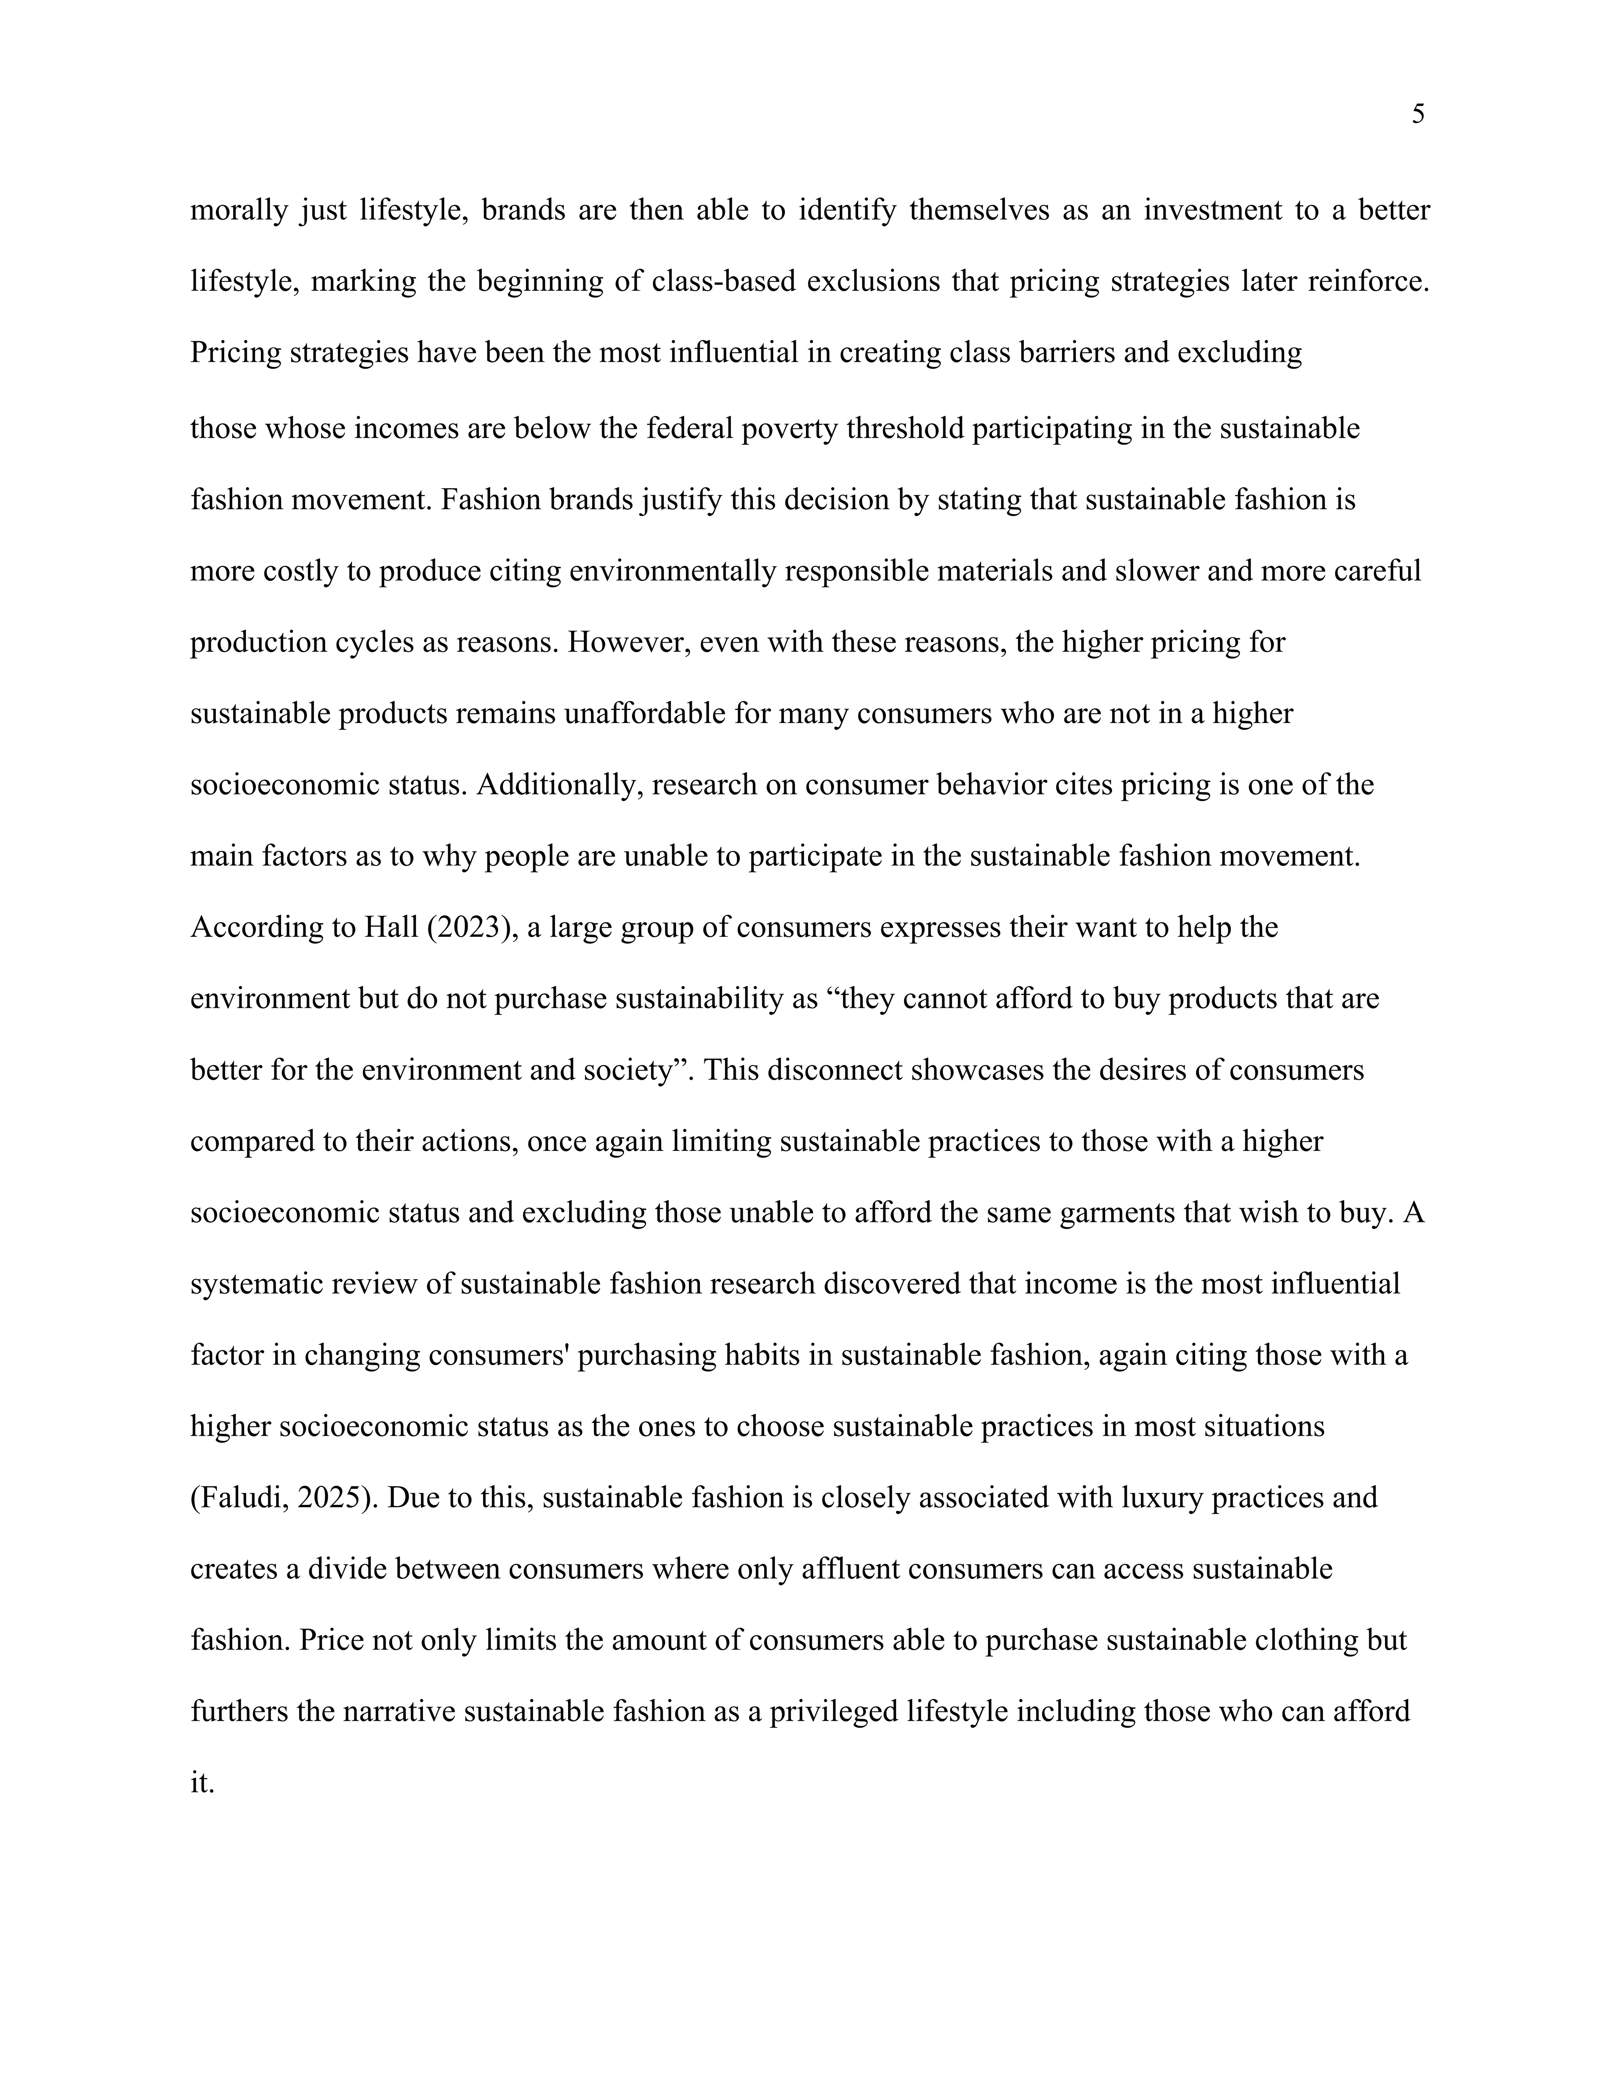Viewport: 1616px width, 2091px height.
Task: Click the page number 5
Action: pyautogui.click(x=1418, y=115)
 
